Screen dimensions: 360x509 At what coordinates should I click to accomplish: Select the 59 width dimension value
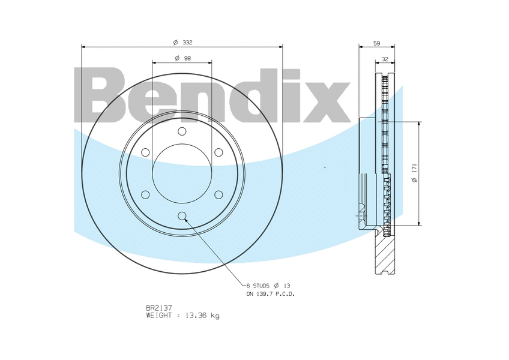coord(376,43)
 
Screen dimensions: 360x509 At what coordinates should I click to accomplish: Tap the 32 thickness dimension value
coord(385,59)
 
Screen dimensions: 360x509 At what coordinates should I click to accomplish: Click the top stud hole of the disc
coord(182,131)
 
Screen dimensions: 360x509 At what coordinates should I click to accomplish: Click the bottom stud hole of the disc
coord(182,216)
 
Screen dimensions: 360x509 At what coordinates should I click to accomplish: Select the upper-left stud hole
coord(145,152)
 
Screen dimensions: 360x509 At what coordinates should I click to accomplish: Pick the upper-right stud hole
coord(218,152)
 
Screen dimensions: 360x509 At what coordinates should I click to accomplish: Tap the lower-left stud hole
coord(145,194)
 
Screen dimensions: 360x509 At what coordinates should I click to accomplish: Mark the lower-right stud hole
coord(218,194)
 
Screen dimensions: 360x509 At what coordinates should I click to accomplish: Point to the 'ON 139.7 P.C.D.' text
coord(270,294)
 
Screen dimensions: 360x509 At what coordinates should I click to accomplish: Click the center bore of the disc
coord(182,173)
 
